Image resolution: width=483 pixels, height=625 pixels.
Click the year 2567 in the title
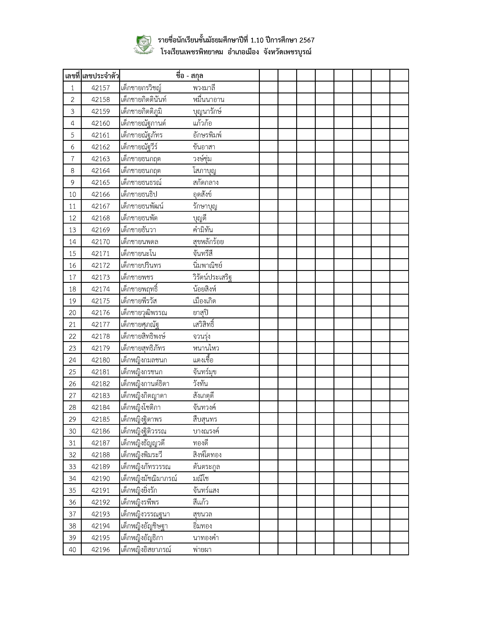pos(307,40)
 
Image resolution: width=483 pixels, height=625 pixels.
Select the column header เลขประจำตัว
pos(100,76)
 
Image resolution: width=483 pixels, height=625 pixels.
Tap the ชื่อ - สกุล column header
pos(189,76)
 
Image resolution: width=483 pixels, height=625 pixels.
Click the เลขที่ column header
pos(72,76)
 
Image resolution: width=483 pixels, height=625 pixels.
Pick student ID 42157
pos(100,88)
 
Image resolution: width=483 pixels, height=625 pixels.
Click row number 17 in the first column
pos(72,277)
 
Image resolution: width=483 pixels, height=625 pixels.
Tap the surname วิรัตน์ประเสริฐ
pos(212,277)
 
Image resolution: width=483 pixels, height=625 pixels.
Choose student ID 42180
pos(100,360)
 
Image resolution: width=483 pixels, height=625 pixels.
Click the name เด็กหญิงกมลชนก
pos(144,360)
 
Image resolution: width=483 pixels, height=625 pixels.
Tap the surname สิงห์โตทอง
pos(207,455)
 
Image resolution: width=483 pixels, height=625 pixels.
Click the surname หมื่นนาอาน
pos(208,100)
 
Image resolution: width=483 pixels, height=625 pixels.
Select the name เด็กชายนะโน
pos(139,254)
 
